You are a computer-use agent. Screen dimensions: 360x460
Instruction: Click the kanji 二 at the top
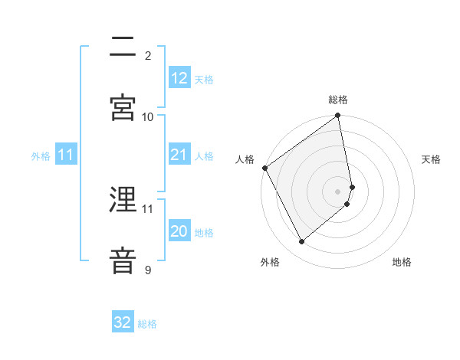123,47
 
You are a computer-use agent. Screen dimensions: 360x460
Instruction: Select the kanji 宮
123,106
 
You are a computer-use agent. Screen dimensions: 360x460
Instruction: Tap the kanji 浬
123,201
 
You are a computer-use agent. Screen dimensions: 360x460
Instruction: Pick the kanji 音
123,260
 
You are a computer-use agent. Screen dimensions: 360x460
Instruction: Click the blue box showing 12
179,78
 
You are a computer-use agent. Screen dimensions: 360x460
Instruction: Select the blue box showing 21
179,155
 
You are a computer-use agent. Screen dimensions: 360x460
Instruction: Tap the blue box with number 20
179,232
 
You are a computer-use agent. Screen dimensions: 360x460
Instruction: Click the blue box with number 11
66,155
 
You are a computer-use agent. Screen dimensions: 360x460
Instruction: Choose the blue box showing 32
123,322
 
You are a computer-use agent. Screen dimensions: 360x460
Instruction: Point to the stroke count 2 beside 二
148,55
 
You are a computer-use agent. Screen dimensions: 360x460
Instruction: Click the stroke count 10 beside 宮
148,116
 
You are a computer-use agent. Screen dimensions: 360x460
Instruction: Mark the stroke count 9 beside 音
148,270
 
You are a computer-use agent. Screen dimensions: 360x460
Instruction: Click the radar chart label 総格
338,100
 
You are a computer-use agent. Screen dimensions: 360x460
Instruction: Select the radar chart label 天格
432,159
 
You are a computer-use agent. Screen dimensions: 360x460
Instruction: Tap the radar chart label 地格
402,262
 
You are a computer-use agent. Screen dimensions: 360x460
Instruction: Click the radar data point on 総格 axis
338,116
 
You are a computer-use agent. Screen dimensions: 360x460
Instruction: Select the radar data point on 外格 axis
301,242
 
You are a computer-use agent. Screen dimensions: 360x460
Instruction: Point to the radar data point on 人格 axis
264,168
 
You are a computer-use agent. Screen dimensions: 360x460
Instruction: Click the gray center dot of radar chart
338,191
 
